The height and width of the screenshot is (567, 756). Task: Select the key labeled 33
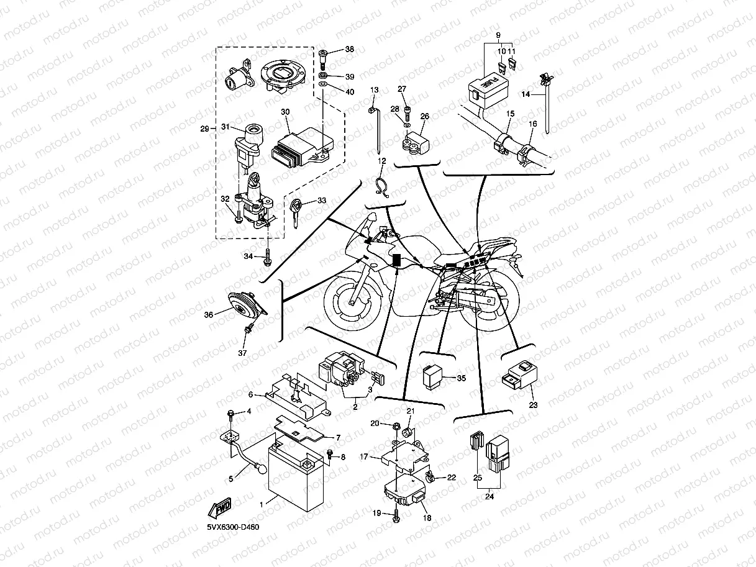296,210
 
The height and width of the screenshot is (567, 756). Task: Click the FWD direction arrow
221,509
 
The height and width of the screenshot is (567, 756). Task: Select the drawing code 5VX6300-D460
234,528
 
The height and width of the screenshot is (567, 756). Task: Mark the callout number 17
364,457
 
